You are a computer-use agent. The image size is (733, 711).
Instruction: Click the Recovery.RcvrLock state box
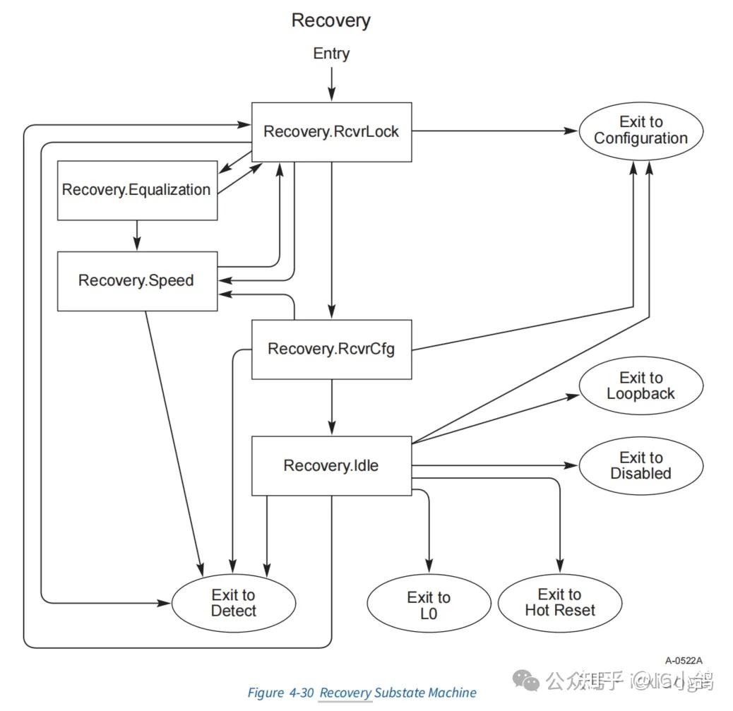pyautogui.click(x=331, y=132)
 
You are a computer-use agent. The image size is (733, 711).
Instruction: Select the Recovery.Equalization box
pyautogui.click(x=136, y=190)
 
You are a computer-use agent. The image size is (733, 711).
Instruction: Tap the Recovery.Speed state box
pyautogui.click(x=136, y=280)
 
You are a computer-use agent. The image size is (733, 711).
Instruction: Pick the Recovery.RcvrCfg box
pyautogui.click(x=331, y=349)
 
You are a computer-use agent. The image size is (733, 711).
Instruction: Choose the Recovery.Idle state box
pyautogui.click(x=331, y=466)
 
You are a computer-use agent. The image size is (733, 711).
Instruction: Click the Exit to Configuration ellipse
pyautogui.click(x=640, y=131)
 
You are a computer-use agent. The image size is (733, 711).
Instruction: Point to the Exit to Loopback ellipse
pyautogui.click(x=640, y=386)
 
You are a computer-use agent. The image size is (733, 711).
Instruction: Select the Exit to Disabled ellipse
pyautogui.click(x=640, y=466)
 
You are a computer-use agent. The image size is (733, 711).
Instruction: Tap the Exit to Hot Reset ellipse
pyautogui.click(x=560, y=602)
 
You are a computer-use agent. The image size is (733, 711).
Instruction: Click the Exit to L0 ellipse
pyautogui.click(x=429, y=606)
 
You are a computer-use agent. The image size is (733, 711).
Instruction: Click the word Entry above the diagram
pyautogui.click(x=331, y=54)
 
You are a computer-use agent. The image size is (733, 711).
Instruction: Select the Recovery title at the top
pyautogui.click(x=331, y=20)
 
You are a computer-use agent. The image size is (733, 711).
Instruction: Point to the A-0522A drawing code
pyautogui.click(x=684, y=661)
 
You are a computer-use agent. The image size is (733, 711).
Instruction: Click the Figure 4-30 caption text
pyautogui.click(x=362, y=693)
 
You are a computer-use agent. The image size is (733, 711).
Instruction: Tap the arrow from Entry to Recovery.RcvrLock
pyautogui.click(x=331, y=83)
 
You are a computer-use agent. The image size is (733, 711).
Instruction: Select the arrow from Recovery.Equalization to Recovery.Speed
pyautogui.click(x=136, y=234)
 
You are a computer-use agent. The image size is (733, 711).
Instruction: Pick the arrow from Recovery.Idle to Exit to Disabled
pyautogui.click(x=494, y=466)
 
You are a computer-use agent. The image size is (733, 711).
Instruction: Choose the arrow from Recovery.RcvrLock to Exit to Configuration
pyautogui.click(x=494, y=131)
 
